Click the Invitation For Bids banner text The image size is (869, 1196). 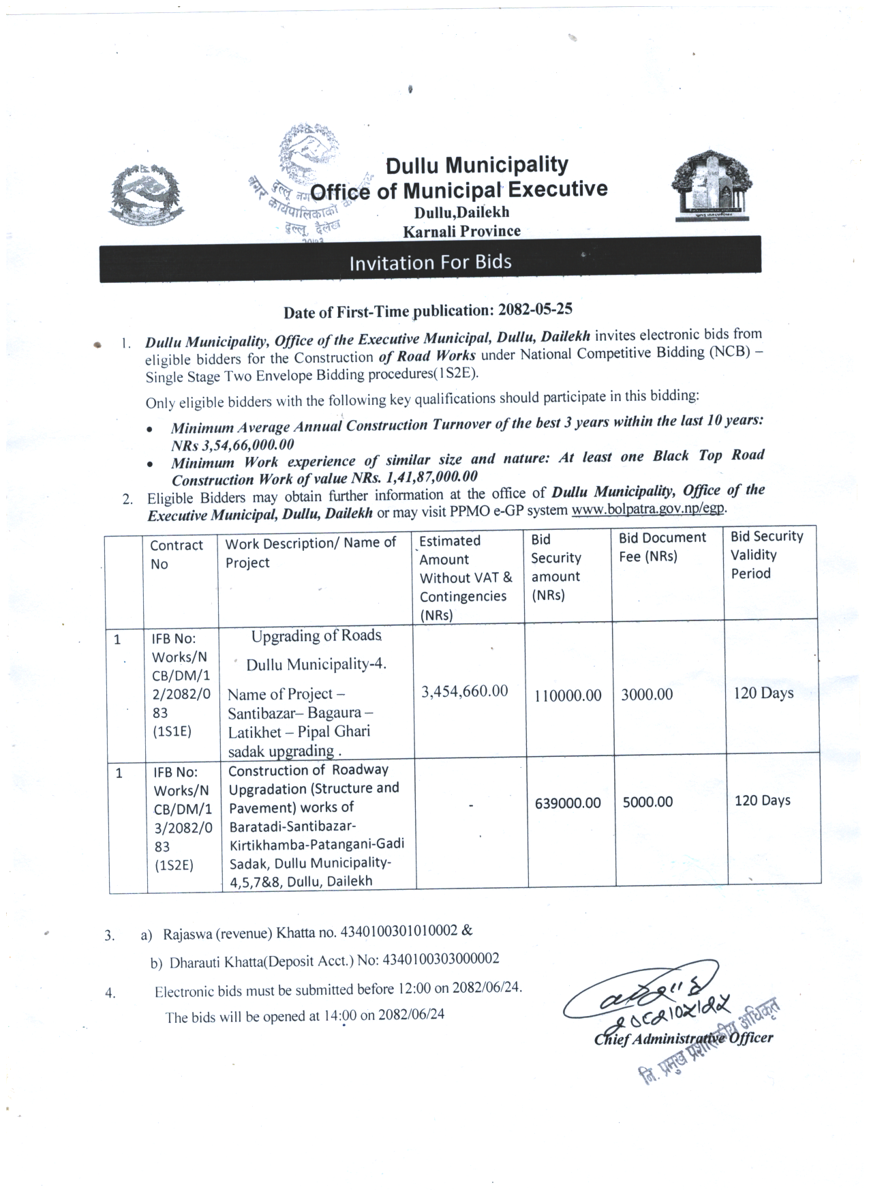point(430,263)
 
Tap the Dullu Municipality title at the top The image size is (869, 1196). point(476,165)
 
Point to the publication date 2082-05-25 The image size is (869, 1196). point(535,309)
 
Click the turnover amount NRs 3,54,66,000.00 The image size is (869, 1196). point(232,445)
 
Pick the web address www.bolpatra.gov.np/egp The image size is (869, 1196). point(647,509)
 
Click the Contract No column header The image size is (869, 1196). point(177,554)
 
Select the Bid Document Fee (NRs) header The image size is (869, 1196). point(662,547)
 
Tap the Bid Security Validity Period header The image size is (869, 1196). point(767,555)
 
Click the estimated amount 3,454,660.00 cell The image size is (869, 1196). point(464,691)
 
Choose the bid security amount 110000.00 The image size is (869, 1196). point(568,696)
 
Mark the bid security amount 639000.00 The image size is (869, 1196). point(568,803)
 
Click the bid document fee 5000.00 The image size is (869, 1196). point(647,802)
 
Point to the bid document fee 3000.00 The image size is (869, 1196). point(647,695)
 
